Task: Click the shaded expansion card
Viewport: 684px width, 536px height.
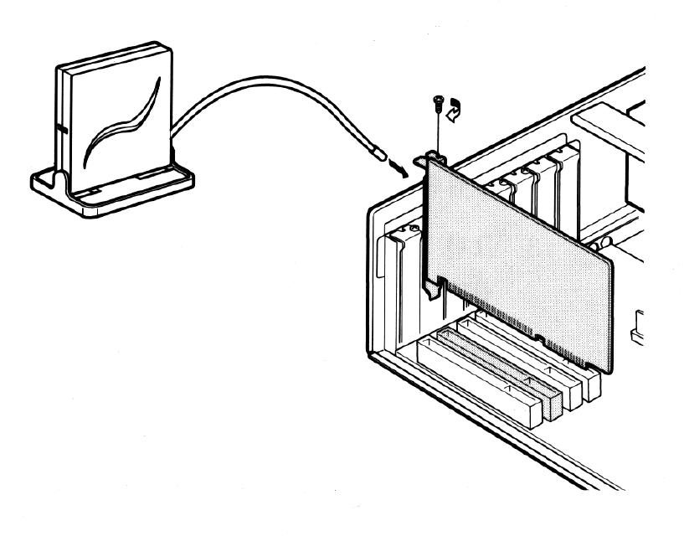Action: point(519,251)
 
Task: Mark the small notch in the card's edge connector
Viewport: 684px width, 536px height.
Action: point(542,340)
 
